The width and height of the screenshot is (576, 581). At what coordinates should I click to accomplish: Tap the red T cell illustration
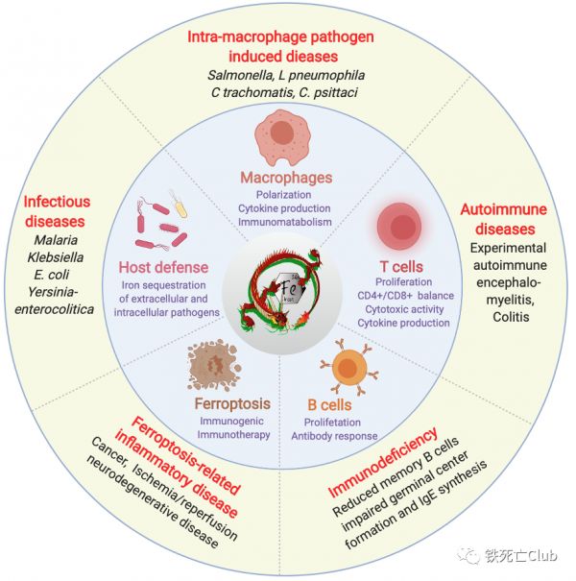click(399, 226)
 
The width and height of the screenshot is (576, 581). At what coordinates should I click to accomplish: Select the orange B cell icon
click(348, 367)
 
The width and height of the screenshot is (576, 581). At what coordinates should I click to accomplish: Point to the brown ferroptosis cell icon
click(214, 367)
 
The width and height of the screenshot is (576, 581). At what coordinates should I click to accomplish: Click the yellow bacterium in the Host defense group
click(179, 205)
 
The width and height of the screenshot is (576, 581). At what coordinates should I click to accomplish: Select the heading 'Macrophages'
click(286, 178)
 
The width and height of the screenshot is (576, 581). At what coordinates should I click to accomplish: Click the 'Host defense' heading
click(163, 267)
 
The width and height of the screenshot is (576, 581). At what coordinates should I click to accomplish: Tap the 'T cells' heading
click(401, 267)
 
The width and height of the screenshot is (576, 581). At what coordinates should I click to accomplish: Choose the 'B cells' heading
click(329, 405)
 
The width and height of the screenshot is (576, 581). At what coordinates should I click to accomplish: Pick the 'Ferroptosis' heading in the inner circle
click(232, 404)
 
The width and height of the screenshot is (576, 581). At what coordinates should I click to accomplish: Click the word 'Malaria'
click(56, 240)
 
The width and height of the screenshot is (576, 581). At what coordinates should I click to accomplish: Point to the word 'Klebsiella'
click(56, 257)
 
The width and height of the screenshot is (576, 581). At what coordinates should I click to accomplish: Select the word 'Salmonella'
click(240, 75)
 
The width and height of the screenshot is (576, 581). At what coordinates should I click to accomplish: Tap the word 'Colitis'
click(511, 317)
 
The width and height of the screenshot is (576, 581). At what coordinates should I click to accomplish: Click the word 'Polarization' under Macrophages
click(284, 195)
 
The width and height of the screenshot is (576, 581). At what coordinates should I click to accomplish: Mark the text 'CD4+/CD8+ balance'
click(406, 296)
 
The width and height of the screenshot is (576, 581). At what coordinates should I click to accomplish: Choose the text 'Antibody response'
click(334, 436)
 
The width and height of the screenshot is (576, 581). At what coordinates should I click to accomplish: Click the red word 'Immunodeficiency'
click(383, 463)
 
